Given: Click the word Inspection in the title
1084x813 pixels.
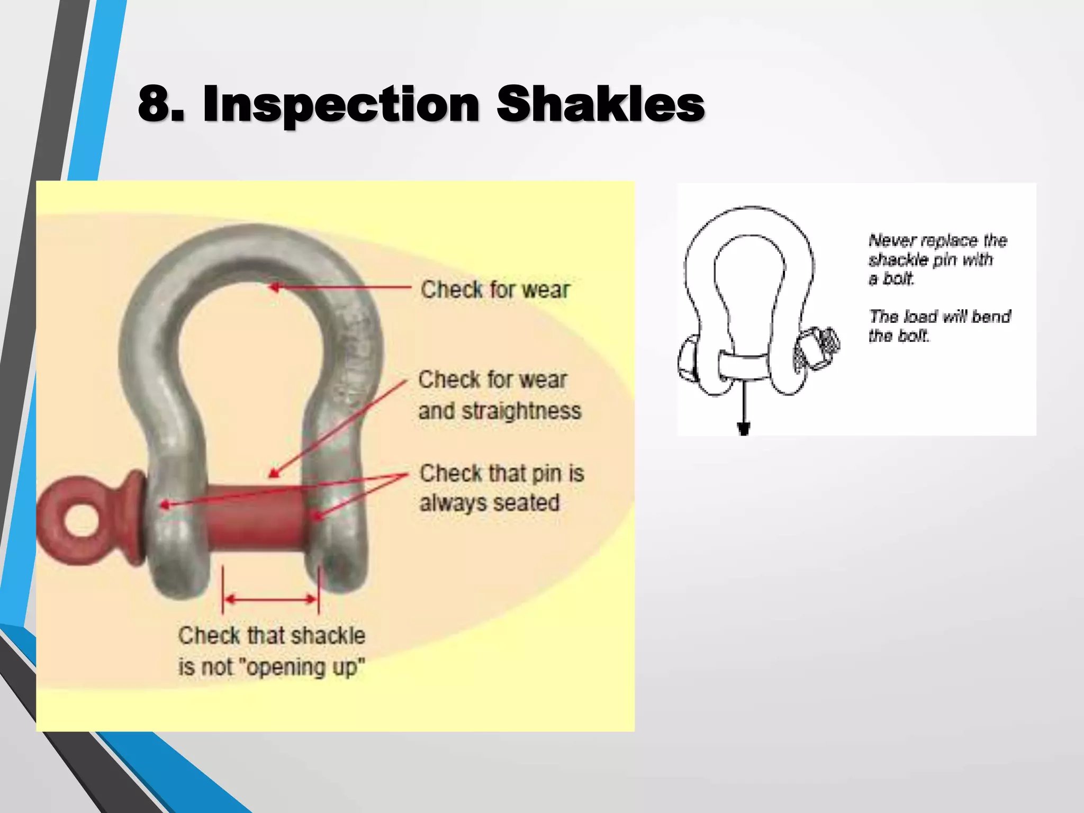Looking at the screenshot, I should coord(341,104).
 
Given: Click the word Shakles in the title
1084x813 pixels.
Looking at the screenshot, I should coord(600,104).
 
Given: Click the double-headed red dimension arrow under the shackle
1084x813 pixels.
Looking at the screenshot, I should coord(270,599).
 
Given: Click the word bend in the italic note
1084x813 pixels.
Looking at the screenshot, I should coord(991,317).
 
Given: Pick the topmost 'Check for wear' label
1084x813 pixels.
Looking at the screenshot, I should coord(495,290).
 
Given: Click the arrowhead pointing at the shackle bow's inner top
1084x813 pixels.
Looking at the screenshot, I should coord(275,287).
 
